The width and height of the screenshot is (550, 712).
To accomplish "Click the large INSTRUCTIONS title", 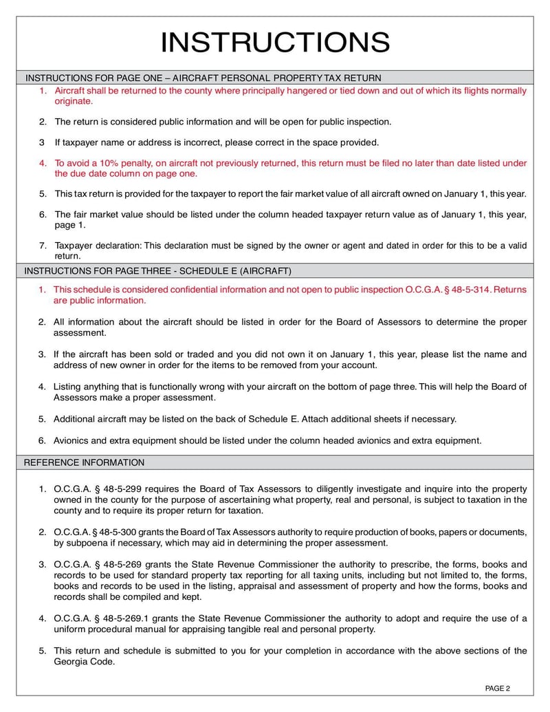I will [x=275, y=43].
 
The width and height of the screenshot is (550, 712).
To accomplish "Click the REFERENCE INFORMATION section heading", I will [x=84, y=462].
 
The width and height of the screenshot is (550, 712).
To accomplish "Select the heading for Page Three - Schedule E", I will [x=157, y=270].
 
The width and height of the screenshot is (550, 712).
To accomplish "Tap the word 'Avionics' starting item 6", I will [x=71, y=440].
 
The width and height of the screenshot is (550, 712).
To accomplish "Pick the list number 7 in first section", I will [x=42, y=245].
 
